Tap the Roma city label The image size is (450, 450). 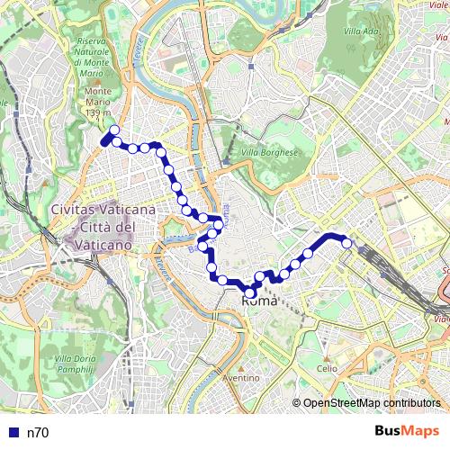coord(260,302)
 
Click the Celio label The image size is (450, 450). coord(327,368)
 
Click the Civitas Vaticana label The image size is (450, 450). coord(103,210)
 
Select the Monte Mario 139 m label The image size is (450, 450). coord(98,103)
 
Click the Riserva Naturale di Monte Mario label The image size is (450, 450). coord(93,57)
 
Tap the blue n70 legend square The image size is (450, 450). coord(13,433)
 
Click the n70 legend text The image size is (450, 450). coord(37,433)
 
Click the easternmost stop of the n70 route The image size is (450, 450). coord(346,242)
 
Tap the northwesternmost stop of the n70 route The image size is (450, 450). coord(114,130)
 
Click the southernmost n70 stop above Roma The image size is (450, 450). coord(250,291)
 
